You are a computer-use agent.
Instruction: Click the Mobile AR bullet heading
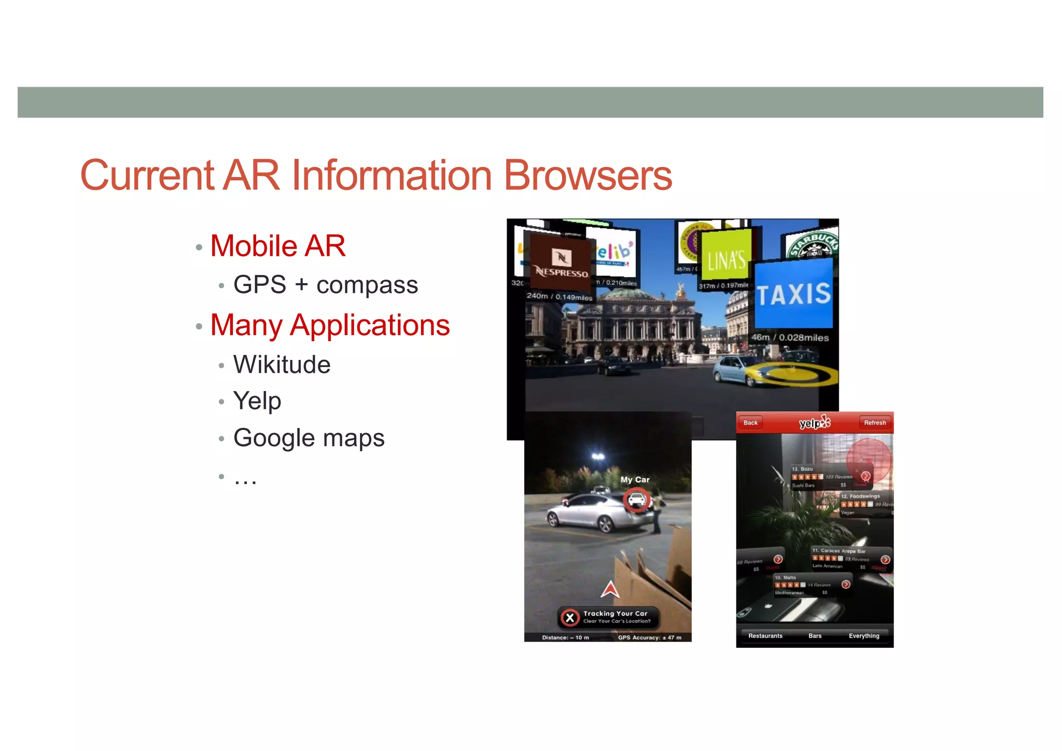(278, 246)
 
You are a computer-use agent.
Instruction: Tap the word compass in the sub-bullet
(367, 285)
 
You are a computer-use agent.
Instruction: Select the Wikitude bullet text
(282, 365)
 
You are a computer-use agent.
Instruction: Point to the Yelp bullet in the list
(257, 401)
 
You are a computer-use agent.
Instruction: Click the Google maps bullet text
(309, 438)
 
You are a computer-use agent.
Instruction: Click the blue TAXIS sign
(793, 295)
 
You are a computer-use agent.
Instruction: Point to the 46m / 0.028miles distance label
(790, 338)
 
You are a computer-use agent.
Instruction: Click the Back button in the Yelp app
(750, 423)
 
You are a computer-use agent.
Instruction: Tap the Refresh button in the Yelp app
(875, 423)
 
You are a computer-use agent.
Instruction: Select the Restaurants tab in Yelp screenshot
(765, 636)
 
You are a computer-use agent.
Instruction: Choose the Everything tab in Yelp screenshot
(864, 636)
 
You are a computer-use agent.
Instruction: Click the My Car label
(635, 480)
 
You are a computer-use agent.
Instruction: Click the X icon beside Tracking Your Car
(570, 618)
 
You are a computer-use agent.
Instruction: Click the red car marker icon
(636, 500)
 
